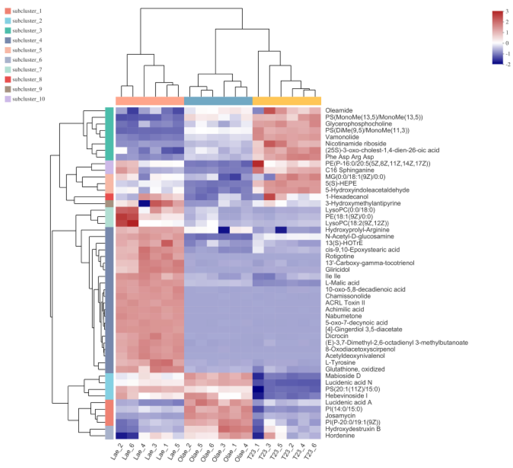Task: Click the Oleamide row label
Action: (339, 110)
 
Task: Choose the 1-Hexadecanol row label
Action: (347, 197)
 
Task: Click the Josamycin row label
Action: (340, 416)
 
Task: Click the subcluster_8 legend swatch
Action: (8, 79)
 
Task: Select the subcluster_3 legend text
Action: (27, 31)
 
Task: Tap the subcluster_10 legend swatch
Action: (8, 99)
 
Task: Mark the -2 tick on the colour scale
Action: (507, 64)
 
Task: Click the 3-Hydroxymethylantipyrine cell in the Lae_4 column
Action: (144, 203)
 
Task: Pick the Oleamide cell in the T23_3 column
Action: (269, 110)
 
